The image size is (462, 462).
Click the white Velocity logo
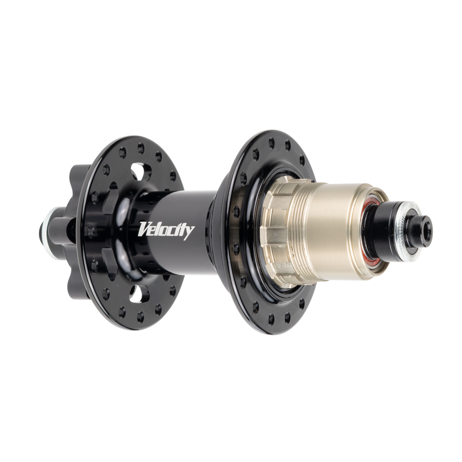166,230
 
